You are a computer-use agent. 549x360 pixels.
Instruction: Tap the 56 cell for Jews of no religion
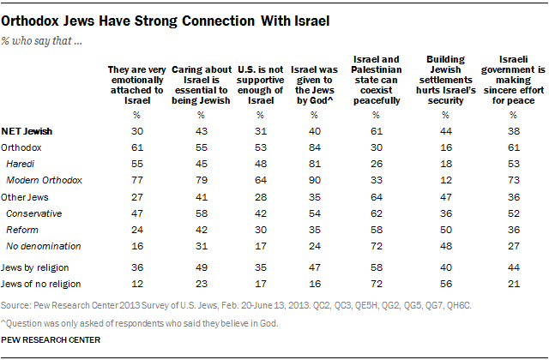[x=447, y=285]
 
